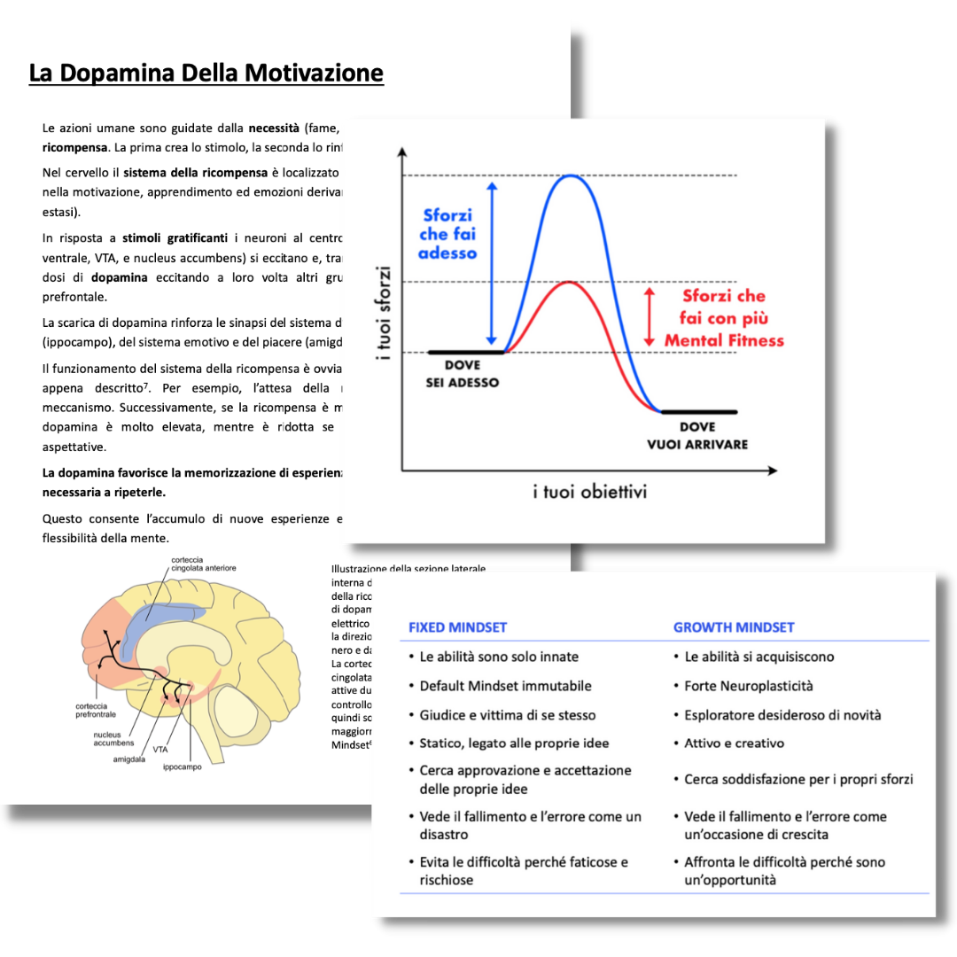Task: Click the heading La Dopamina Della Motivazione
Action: click(x=206, y=73)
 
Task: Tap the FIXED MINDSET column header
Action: click(x=457, y=627)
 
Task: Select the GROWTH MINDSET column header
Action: click(x=734, y=627)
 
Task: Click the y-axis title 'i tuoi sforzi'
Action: click(x=383, y=313)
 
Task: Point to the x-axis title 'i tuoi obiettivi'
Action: click(x=589, y=491)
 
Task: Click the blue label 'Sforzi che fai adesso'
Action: click(x=448, y=234)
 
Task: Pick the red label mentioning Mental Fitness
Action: click(x=724, y=318)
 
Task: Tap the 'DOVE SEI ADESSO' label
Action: click(x=462, y=374)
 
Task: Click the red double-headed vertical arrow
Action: click(x=650, y=317)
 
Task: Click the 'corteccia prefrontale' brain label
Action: click(x=96, y=710)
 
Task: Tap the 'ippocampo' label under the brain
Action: click(x=183, y=766)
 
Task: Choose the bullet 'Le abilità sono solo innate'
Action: click(x=499, y=657)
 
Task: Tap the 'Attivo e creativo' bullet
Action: click(x=734, y=743)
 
